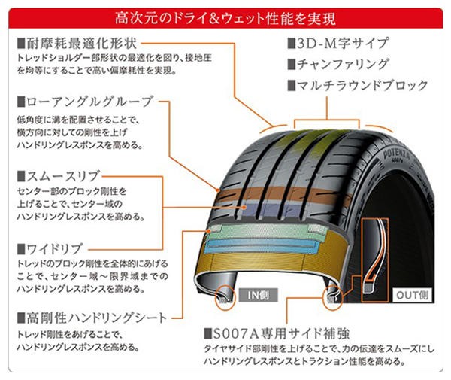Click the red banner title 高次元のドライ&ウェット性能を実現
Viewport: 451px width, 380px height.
click(x=225, y=18)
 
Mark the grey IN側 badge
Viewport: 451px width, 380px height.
click(x=259, y=295)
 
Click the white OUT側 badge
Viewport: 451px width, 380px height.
click(x=413, y=295)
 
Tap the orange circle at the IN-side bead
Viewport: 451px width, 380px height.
click(x=225, y=297)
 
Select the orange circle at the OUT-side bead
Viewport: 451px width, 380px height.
click(x=333, y=297)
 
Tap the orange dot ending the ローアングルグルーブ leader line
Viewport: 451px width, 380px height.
click(x=218, y=190)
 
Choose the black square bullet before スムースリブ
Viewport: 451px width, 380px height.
click(x=21, y=176)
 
